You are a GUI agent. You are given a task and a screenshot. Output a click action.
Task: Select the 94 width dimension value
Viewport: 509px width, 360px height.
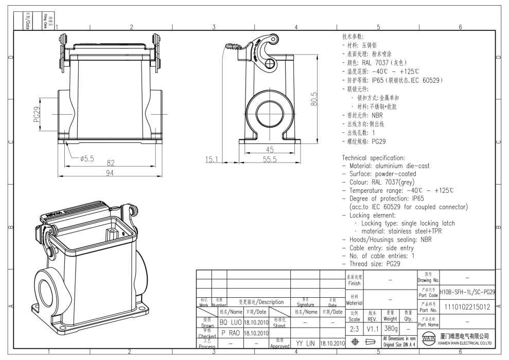pyautogui.click(x=110, y=173)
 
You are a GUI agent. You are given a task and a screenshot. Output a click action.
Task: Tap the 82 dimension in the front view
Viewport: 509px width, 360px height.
pyautogui.click(x=110, y=163)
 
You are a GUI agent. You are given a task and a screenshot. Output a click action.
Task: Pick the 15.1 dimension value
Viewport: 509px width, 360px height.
pyautogui.click(x=213, y=159)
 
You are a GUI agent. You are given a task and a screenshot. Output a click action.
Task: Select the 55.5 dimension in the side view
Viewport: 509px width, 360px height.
pyautogui.click(x=270, y=159)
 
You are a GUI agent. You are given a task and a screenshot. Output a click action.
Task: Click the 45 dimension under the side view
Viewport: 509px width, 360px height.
pyautogui.click(x=270, y=150)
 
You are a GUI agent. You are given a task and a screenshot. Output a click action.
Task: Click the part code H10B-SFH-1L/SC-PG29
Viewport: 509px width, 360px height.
pyautogui.click(x=467, y=292)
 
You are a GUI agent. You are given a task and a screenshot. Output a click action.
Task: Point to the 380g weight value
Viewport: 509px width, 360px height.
pyautogui.click(x=391, y=328)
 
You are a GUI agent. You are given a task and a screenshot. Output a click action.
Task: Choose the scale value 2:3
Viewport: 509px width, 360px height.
pyautogui.click(x=354, y=328)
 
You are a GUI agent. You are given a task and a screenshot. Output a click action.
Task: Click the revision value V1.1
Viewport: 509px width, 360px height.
pyautogui.click(x=373, y=328)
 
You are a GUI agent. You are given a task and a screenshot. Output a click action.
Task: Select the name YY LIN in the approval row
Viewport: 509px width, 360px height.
pyautogui.click(x=305, y=343)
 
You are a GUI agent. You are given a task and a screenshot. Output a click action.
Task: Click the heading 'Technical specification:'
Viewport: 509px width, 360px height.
pyautogui.click(x=374, y=157)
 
